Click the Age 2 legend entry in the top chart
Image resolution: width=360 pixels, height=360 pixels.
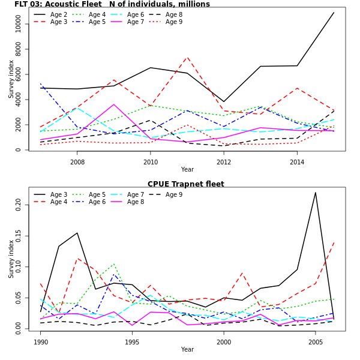(x=59, y=14)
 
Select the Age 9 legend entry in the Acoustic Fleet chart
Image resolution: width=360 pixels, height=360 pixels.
(x=174, y=22)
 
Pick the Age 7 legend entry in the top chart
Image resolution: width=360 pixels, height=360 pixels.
(x=136, y=22)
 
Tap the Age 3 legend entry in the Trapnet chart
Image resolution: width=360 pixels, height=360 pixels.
(x=59, y=194)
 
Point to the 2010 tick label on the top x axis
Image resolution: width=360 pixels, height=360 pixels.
(x=151, y=162)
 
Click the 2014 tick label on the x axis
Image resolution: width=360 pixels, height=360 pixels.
(x=297, y=162)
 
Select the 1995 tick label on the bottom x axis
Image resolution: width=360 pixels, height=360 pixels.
(x=133, y=342)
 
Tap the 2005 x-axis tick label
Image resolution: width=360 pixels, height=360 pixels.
(x=316, y=342)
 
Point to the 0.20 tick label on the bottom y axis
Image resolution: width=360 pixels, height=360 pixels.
(x=18, y=205)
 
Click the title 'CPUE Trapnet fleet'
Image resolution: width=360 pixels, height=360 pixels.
(x=186, y=184)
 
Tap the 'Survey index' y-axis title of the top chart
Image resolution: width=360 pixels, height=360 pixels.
(x=11, y=79)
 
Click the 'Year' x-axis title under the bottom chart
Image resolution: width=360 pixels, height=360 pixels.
(x=187, y=350)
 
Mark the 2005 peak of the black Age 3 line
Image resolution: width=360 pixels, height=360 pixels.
(x=316, y=193)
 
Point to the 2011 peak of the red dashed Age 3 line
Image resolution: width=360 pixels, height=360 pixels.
(x=187, y=58)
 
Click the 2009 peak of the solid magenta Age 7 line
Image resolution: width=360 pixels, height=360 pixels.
(x=114, y=104)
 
